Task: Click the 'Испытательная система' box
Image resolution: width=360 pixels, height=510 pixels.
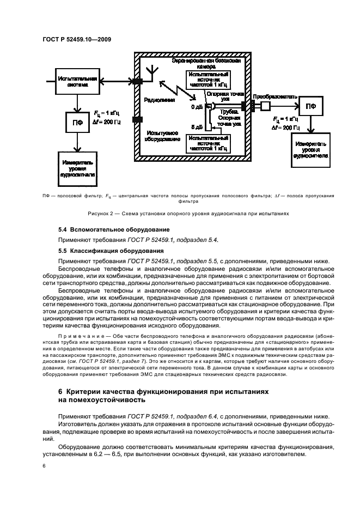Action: (x=77, y=82)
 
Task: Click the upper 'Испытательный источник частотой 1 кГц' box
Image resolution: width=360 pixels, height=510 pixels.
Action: (x=208, y=80)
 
